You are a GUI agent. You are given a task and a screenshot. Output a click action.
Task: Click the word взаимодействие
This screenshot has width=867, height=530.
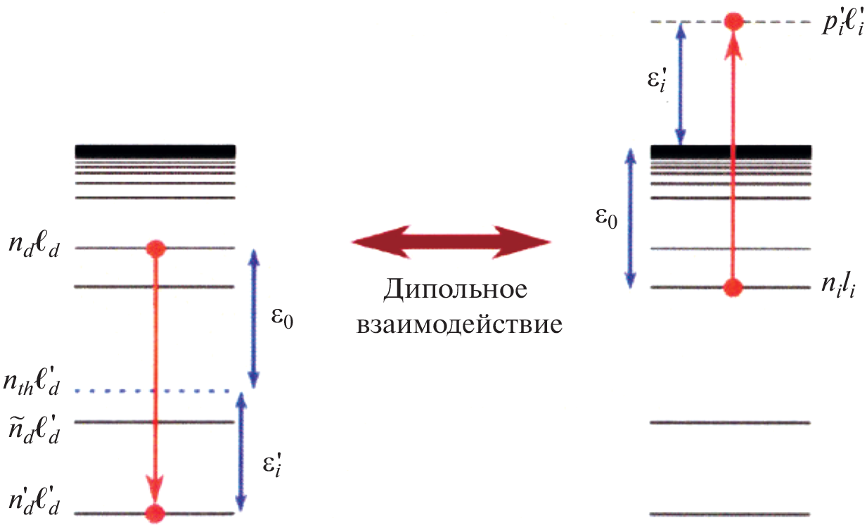459,325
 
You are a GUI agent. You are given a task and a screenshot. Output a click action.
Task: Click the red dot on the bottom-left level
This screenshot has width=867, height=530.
155,512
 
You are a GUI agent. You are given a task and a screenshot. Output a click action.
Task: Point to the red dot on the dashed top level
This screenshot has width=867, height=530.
733,21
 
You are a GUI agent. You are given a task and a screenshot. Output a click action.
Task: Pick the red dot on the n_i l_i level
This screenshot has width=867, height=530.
733,287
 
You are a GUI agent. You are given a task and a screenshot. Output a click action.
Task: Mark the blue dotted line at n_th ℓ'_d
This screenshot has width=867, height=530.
154,391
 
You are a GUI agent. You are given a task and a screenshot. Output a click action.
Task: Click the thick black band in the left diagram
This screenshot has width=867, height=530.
155,151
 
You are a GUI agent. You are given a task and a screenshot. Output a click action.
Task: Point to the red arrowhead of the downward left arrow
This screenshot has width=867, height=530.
155,488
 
